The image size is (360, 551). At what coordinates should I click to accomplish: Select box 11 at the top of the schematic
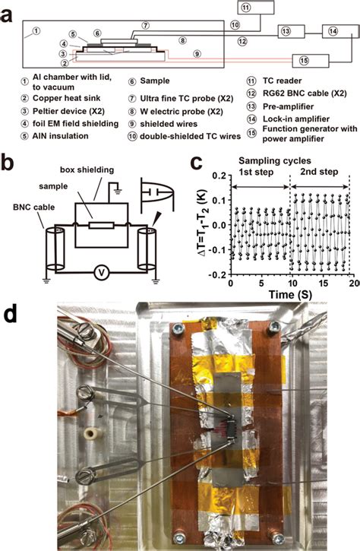(x=253, y=8)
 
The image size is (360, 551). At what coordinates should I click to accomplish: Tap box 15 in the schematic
(x=311, y=59)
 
